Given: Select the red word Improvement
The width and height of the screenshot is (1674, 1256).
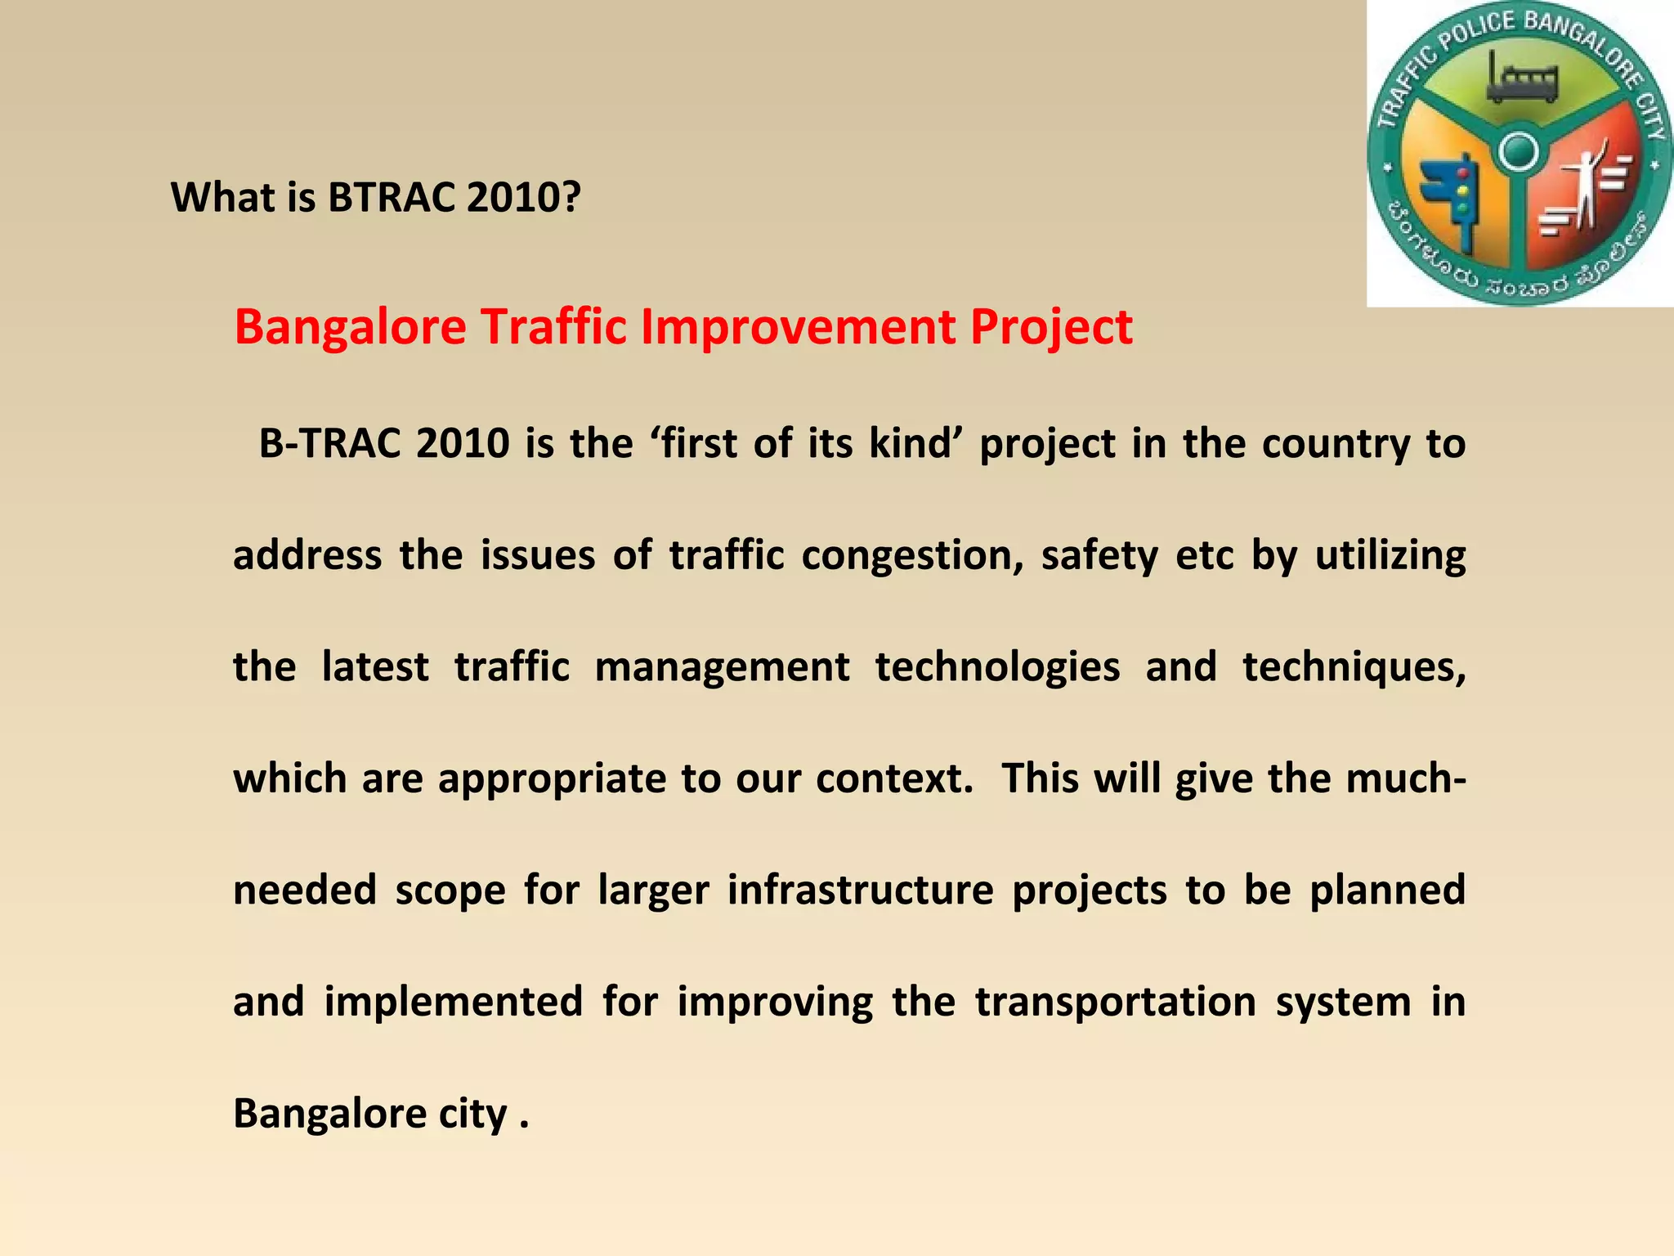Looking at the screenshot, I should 799,327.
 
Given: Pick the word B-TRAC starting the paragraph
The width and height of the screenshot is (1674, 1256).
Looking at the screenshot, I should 329,444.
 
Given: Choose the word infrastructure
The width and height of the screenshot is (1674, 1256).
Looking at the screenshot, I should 861,890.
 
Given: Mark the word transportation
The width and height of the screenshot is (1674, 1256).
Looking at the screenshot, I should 1115,1003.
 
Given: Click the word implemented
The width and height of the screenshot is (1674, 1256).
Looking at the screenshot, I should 454,1003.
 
